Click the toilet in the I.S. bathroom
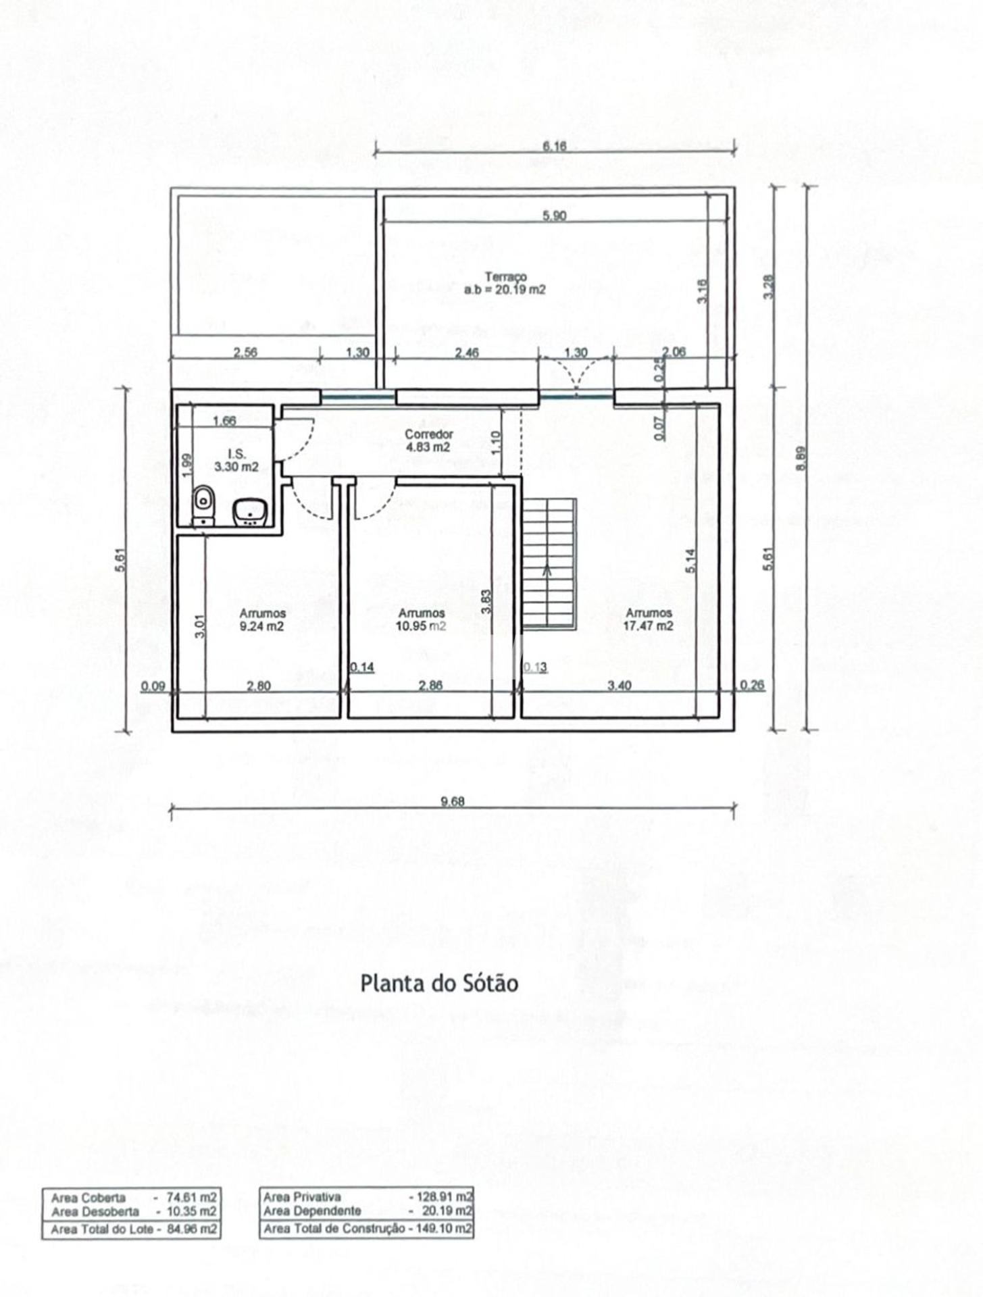tap(203, 503)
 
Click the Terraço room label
tap(505, 283)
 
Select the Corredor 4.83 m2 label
tap(428, 440)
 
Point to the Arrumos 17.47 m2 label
tap(648, 619)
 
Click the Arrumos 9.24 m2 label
tap(262, 619)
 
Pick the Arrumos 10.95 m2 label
tap(421, 619)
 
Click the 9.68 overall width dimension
tap(452, 801)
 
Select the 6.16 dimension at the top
tap(554, 146)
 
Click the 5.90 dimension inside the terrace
tap(554, 216)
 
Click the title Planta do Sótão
tap(438, 983)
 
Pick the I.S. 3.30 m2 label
tap(236, 460)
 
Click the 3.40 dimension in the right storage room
tap(619, 686)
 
